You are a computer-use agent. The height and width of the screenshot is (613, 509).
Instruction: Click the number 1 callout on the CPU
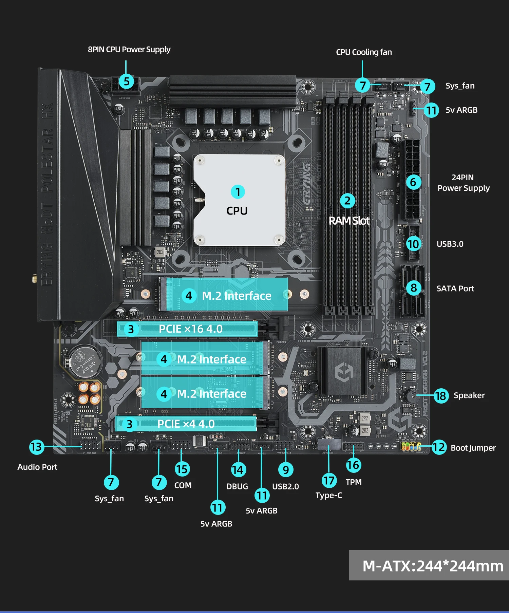point(238,192)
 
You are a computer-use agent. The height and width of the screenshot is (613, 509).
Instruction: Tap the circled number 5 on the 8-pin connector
point(126,81)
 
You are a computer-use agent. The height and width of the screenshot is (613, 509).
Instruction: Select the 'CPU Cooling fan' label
point(364,52)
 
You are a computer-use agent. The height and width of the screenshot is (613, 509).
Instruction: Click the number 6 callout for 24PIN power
point(413,182)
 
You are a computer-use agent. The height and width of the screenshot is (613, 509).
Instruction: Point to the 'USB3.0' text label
point(450,244)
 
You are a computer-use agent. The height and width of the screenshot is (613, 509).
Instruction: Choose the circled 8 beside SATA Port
point(413,288)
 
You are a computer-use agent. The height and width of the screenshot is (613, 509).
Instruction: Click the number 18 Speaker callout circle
point(441,396)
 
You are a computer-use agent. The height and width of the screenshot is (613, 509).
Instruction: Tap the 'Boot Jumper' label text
point(473,448)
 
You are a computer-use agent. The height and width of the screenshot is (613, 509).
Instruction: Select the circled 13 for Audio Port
point(36,447)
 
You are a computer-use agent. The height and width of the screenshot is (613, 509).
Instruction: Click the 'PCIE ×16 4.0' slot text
point(191,329)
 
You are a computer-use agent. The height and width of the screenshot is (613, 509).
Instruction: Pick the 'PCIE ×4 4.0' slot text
point(186,424)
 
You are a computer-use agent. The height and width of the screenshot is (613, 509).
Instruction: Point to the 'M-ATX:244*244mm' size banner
point(433,566)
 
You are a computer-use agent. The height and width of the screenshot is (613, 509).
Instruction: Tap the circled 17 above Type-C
point(329,481)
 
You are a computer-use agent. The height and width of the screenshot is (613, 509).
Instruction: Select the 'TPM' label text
point(354,482)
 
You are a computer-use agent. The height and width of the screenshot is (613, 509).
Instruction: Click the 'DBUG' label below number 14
point(237,486)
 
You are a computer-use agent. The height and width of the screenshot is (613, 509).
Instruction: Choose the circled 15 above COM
point(182,469)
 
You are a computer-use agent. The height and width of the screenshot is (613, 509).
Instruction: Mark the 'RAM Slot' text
point(349,221)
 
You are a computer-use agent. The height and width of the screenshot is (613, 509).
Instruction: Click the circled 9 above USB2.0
point(286,470)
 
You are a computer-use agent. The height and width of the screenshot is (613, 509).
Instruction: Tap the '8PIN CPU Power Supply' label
point(129,50)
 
